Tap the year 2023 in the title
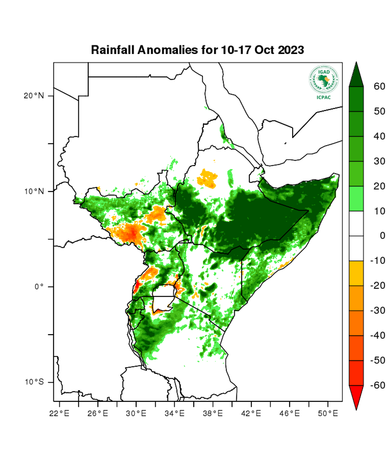[291, 50]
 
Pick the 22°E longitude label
[59, 412]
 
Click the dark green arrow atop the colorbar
[356, 74]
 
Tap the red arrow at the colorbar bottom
[356, 397]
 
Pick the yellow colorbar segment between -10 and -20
[356, 273]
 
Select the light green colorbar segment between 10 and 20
[356, 198]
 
